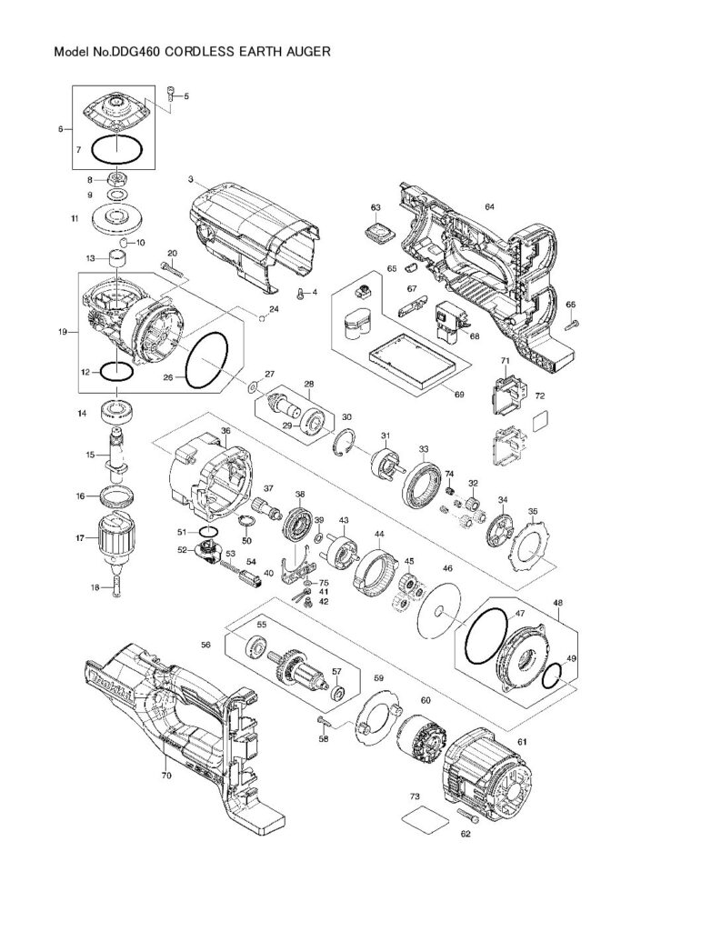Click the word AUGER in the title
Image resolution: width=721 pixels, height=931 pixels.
click(x=301, y=53)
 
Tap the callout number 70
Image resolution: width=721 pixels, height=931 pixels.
click(x=166, y=776)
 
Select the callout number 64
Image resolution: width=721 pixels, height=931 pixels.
click(x=489, y=207)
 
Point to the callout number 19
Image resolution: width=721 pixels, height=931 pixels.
click(x=63, y=333)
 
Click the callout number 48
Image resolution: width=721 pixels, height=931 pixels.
click(x=557, y=602)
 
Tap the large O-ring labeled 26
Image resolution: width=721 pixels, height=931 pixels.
click(x=205, y=361)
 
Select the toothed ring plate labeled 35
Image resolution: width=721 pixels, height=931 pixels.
click(x=528, y=549)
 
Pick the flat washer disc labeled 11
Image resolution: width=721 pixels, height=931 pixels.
click(x=116, y=218)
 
